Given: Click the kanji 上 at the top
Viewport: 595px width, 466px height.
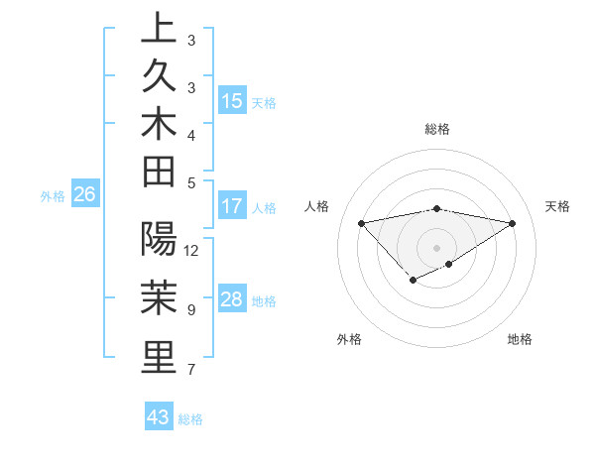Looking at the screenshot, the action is click(159, 28).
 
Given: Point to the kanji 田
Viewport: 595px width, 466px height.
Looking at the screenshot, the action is click(159, 171).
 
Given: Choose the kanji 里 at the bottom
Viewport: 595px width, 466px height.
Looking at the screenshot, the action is click(159, 357).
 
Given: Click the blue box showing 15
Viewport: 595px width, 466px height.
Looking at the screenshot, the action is click(232, 101).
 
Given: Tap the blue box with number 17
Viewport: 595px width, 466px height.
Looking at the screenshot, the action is click(232, 206).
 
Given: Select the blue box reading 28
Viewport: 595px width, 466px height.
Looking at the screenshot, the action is click(232, 299).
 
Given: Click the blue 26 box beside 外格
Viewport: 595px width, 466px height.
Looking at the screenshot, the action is click(84, 194).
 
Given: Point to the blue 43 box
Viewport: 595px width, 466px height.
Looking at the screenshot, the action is click(159, 417).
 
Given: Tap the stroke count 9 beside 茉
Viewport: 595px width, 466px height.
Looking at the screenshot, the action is click(191, 310).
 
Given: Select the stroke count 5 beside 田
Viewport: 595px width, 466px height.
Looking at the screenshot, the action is click(191, 182).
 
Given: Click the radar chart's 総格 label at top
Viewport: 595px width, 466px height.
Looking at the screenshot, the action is click(437, 129).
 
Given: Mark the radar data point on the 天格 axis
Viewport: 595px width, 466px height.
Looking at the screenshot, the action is click(512, 223).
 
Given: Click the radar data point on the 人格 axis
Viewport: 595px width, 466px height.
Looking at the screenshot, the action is click(362, 223).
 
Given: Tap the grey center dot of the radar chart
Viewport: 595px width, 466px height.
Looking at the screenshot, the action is click(437, 247).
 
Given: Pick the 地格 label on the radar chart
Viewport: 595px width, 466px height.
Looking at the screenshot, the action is click(520, 339).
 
